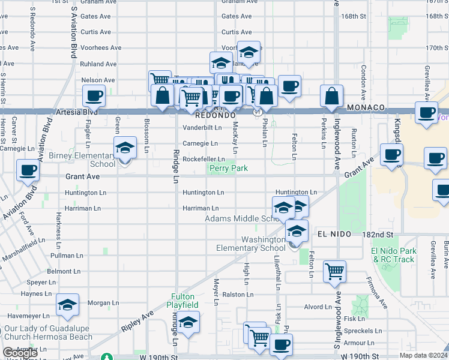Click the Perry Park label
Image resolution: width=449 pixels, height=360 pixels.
pyautogui.click(x=229, y=169)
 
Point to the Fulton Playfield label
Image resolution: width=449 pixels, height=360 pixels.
pyautogui.click(x=183, y=301)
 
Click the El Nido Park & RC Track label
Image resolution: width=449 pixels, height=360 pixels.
pyautogui.click(x=393, y=255)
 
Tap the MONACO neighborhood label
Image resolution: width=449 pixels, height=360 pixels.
pyautogui.click(x=365, y=107)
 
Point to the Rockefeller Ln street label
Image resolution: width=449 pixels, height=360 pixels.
pyautogui.click(x=204, y=159)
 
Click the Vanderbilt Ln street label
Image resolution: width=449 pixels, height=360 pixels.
pyautogui.click(x=202, y=127)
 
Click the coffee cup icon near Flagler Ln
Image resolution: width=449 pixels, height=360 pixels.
pyautogui.click(x=94, y=95)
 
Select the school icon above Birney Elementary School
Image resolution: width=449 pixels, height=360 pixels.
pyautogui.click(x=125, y=148)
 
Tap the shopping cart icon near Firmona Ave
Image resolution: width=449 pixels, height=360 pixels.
pyautogui.click(x=334, y=270)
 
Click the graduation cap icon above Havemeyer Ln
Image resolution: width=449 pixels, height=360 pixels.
pyautogui.click(x=68, y=305)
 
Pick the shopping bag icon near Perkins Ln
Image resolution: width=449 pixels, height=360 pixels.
pyautogui.click(x=331, y=95)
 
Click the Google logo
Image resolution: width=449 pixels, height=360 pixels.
pyautogui.click(x=20, y=353)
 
